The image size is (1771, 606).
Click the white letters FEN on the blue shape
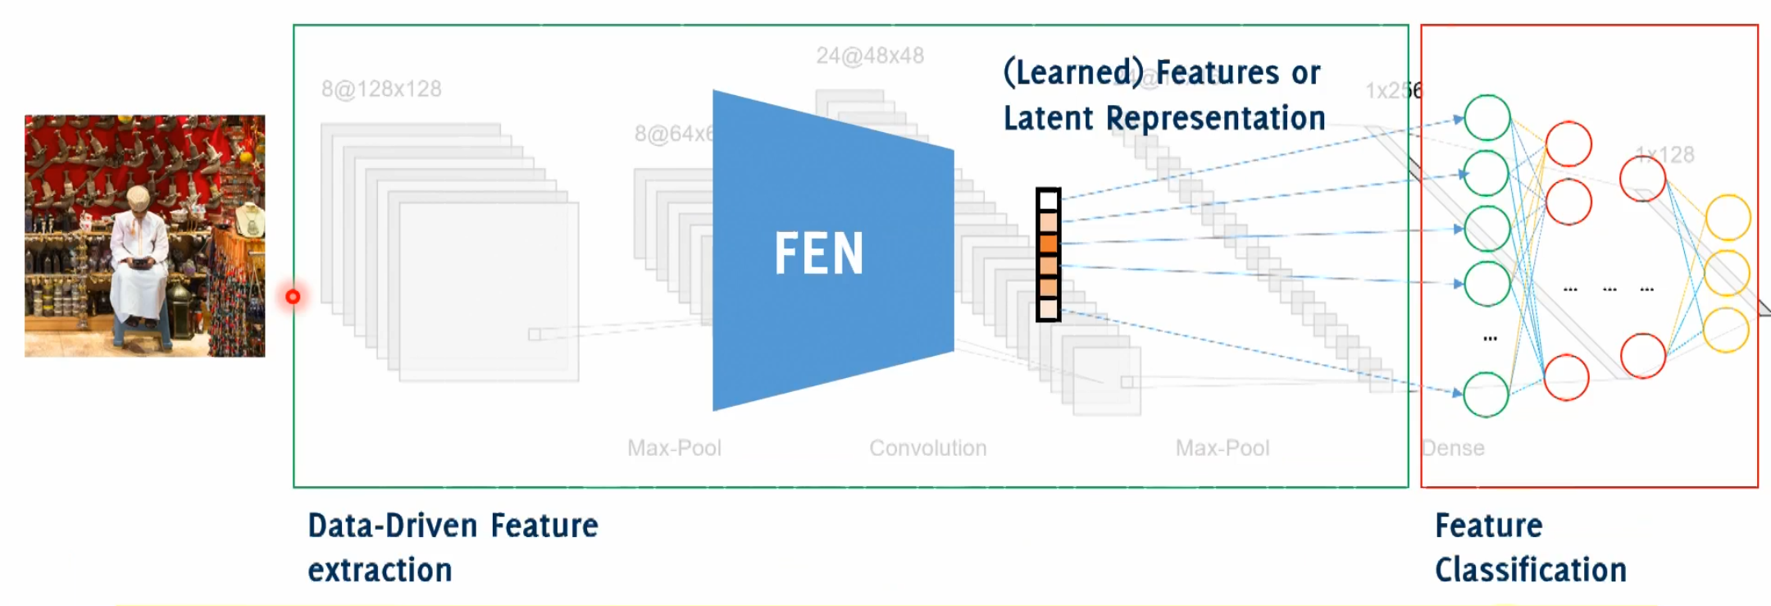[818, 253]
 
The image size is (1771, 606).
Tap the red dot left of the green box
[293, 296]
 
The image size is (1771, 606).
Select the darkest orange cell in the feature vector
[1048, 243]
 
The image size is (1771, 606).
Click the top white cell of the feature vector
[1048, 200]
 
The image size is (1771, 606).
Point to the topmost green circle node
[1486, 118]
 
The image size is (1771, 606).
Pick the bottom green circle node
[1486, 394]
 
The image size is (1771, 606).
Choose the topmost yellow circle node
[1728, 217]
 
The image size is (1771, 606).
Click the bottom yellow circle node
[1726, 330]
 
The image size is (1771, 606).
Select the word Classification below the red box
[1530, 570]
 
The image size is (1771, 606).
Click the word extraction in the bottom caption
[380, 570]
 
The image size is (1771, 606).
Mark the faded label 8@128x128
[381, 89]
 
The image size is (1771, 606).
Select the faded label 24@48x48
[869, 56]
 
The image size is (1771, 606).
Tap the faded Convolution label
[927, 448]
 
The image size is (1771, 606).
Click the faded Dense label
[1453, 448]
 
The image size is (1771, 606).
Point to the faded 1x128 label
[1664, 154]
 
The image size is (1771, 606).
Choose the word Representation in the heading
[1215, 118]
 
